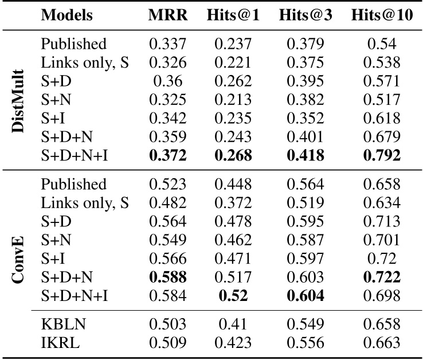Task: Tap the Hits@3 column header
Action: pyautogui.click(x=305, y=15)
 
